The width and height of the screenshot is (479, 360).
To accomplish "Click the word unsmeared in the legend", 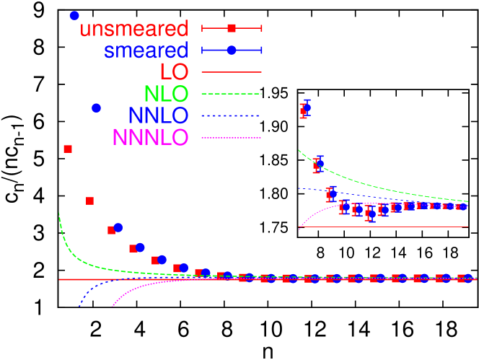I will (x=133, y=29).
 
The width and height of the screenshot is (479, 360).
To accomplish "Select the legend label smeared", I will (x=146, y=51).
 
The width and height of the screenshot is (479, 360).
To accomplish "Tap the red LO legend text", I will (x=174, y=72).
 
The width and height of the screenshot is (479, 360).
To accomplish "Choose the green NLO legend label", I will (x=166, y=94).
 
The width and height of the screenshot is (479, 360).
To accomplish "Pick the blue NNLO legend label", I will (x=158, y=115).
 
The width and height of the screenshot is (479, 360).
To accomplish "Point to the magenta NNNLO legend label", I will (x=150, y=137).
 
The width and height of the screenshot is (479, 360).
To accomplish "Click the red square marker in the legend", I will (x=232, y=28).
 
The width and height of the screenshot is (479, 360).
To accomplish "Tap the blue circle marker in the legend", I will (x=232, y=50).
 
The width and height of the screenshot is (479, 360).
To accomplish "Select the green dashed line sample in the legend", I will (x=232, y=94).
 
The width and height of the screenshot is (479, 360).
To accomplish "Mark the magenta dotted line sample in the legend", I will (x=232, y=137).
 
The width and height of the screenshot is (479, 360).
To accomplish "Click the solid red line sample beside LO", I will (x=232, y=72).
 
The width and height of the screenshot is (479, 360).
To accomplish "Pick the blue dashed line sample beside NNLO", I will (x=232, y=115).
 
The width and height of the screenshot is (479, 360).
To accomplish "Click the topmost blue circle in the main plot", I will (x=74, y=15).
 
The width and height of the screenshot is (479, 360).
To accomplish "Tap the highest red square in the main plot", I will (x=68, y=149).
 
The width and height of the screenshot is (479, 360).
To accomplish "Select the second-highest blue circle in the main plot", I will (x=96, y=107).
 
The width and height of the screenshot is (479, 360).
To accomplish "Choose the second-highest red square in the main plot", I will (x=89, y=201).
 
